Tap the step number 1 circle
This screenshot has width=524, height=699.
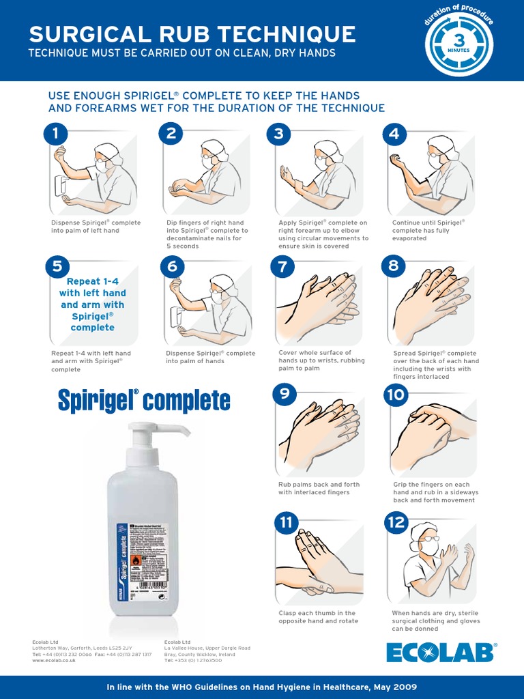click(x=55, y=134)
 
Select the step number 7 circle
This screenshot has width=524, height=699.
click(x=282, y=266)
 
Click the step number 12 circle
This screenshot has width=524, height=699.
click(x=396, y=523)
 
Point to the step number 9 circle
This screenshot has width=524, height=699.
click(x=284, y=394)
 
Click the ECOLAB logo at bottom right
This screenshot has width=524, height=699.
click(x=441, y=652)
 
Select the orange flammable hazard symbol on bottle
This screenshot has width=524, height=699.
click(x=136, y=560)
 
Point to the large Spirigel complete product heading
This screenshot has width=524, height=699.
click(x=144, y=401)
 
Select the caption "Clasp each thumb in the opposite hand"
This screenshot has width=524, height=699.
click(x=318, y=617)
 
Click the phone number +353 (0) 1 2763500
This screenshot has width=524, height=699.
click(x=198, y=661)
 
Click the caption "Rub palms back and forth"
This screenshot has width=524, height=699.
click(x=319, y=488)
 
